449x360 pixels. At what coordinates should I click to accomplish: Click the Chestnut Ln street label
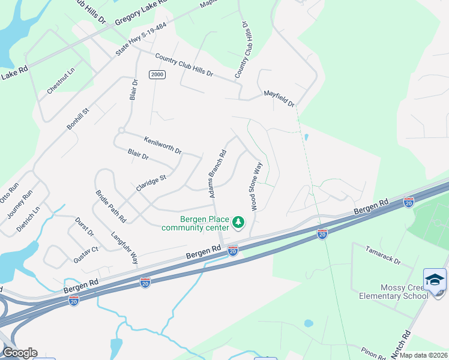(x=61, y=80)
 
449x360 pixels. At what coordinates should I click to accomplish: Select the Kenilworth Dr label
(x=162, y=145)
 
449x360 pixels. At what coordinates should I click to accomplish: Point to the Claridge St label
(x=151, y=179)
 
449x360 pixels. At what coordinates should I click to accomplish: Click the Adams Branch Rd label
(x=217, y=174)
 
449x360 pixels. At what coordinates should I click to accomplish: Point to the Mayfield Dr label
(x=280, y=98)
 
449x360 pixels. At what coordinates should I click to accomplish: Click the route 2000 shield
(x=157, y=74)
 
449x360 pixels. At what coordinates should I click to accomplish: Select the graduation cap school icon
(x=435, y=280)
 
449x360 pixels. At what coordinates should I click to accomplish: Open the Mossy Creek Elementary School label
(x=394, y=292)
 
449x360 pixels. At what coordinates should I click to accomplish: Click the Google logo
(x=19, y=353)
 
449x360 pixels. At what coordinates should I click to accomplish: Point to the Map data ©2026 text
(x=423, y=355)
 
